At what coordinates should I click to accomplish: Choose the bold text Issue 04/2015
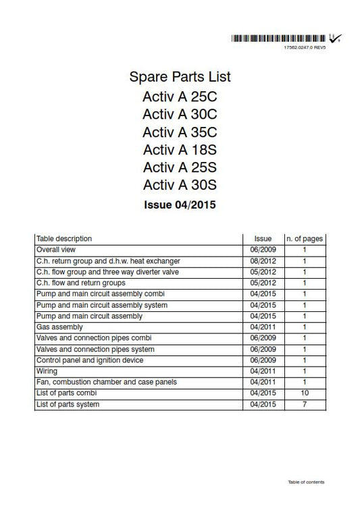(x=179, y=203)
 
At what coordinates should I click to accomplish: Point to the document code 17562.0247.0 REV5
(x=305, y=49)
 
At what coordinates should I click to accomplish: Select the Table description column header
(x=64, y=239)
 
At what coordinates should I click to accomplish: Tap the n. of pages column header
(x=305, y=239)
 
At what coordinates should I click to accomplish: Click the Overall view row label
(x=56, y=250)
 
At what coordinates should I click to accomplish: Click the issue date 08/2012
(x=262, y=261)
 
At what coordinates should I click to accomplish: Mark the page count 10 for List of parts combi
(x=305, y=393)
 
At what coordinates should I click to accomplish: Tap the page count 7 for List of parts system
(x=305, y=404)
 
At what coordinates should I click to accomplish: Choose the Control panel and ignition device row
(x=90, y=360)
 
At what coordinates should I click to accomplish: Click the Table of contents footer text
(x=305, y=482)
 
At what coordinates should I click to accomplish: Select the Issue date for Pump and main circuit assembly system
(x=262, y=305)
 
